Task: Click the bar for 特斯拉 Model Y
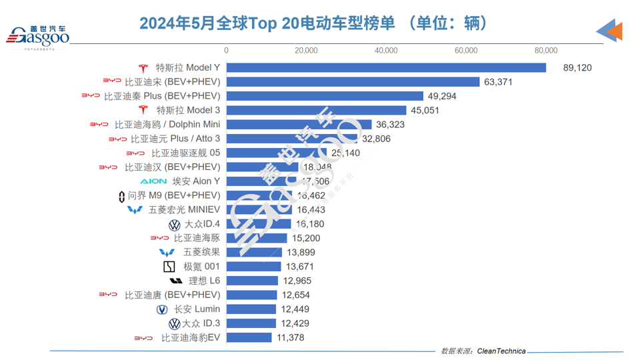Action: coord(386,68)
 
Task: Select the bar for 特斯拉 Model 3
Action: coord(316,111)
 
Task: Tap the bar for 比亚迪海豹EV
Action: coord(249,338)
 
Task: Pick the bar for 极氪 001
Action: coord(253,267)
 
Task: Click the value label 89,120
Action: coord(577,68)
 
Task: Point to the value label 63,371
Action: coord(497,82)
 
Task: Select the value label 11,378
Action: coord(291,338)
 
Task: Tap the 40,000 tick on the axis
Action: coord(386,50)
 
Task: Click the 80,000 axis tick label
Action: coord(546,50)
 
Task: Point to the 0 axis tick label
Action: coord(227,50)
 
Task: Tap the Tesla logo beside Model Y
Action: coord(143,68)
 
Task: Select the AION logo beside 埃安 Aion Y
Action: coord(153,181)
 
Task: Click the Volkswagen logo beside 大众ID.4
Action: coord(175,225)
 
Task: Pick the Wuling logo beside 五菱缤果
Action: coord(166,253)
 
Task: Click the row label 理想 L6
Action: coord(204,281)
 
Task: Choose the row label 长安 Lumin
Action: coord(197,309)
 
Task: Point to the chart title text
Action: coord(313,23)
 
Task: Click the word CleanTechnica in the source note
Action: coord(501,351)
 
